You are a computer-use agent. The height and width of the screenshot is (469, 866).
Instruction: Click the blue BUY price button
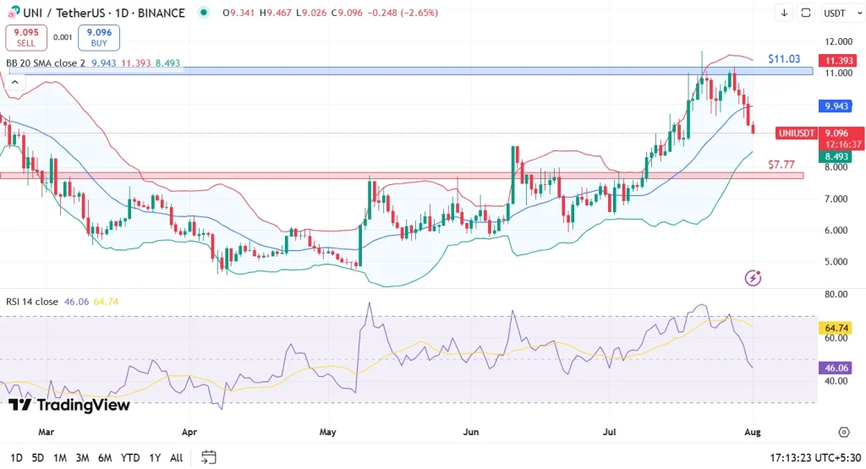pos(99,37)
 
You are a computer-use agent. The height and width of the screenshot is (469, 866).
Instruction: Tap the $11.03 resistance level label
pos(784,59)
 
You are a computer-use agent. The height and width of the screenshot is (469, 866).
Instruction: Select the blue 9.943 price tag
pos(839,106)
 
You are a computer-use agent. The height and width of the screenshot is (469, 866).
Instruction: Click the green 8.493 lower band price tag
pos(839,156)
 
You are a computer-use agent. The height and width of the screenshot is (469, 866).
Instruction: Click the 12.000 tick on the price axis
pos(838,42)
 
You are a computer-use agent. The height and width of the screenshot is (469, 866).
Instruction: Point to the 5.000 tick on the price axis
pos(838,261)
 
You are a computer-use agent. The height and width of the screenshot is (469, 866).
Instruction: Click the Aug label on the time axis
pos(753,432)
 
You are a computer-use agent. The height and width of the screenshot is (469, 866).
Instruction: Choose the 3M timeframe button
pos(82,458)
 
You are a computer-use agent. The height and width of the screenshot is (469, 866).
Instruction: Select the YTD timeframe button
pos(129,458)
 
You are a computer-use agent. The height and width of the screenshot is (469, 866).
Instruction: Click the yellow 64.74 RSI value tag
pos(839,328)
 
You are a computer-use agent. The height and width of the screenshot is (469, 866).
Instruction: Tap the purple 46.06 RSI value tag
pos(839,368)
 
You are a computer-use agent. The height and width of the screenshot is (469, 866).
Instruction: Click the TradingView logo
pos(69,405)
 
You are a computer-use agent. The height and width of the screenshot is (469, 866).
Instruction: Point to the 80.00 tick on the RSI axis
pos(838,294)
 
